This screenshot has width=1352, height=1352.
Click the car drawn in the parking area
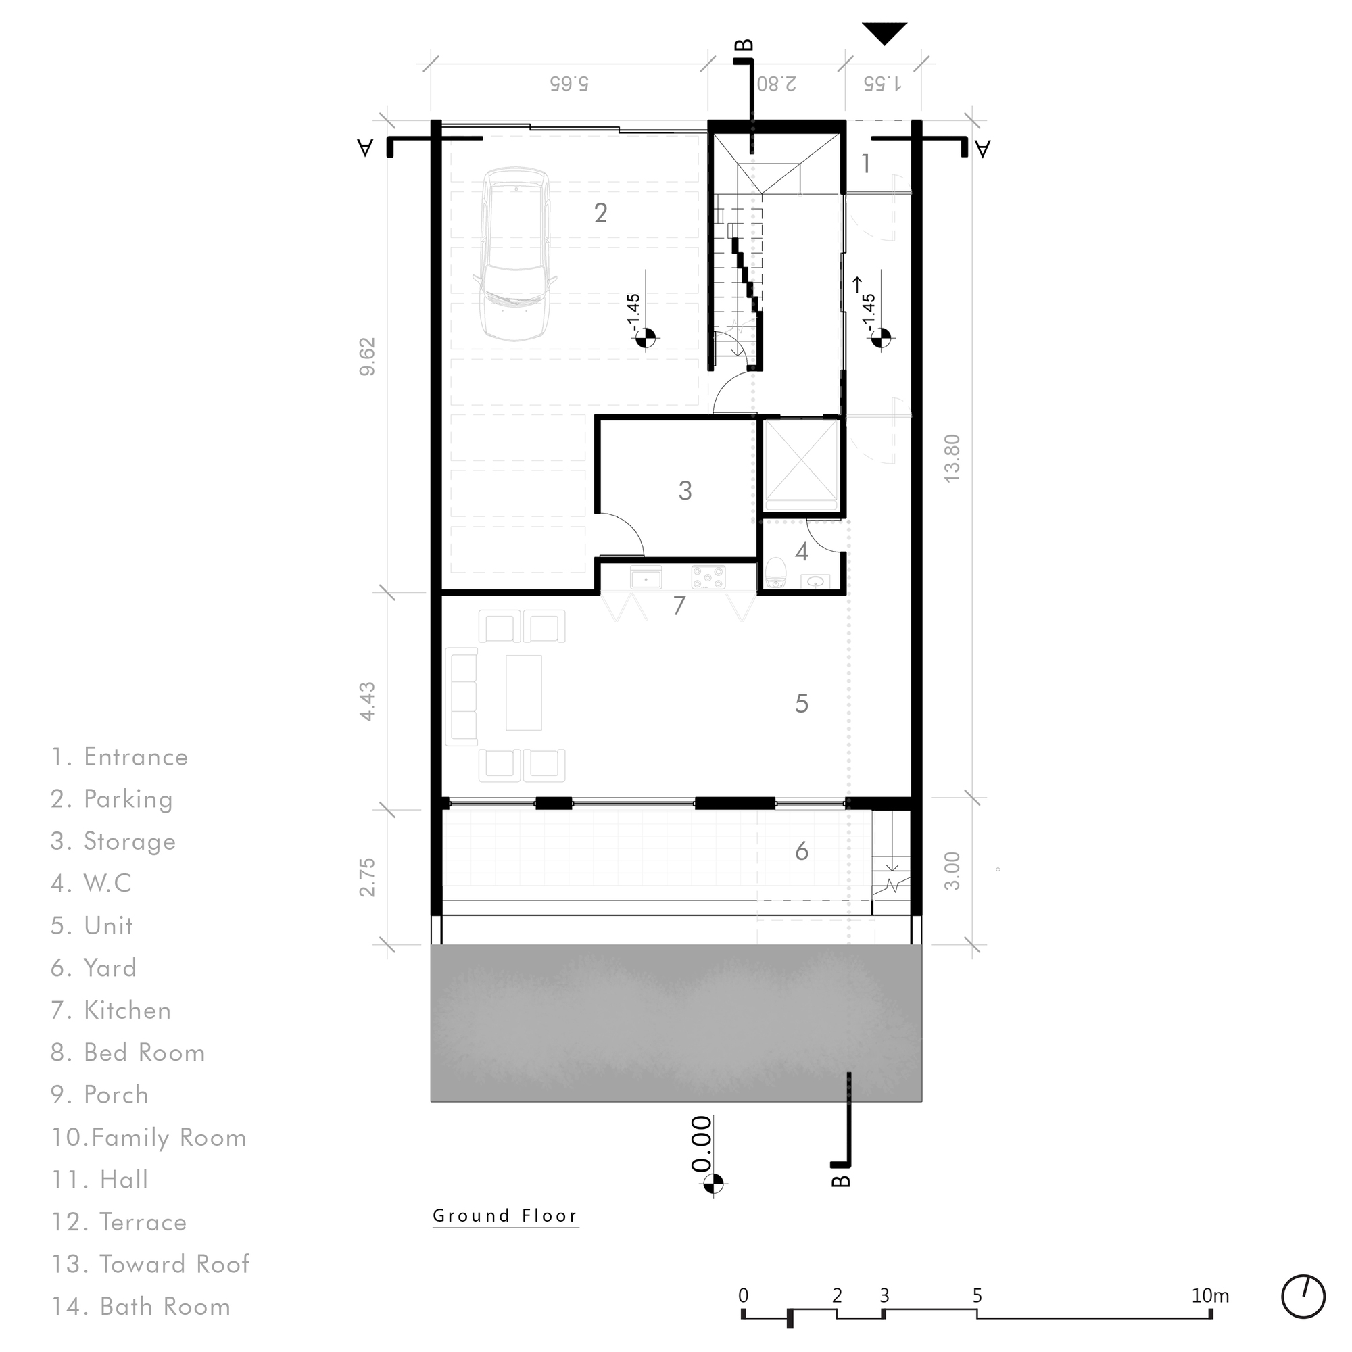click(x=516, y=254)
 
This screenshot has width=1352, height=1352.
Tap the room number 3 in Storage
click(x=685, y=491)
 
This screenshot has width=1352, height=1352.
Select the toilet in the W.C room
click(x=775, y=573)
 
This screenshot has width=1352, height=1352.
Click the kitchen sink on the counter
click(x=645, y=578)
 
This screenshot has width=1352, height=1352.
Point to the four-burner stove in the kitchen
click(x=708, y=578)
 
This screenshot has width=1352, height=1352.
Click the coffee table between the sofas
click(x=523, y=692)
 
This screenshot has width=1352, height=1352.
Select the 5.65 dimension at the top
click(x=569, y=83)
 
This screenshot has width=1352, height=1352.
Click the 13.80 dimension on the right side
click(x=952, y=458)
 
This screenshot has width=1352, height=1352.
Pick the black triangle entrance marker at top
click(x=884, y=32)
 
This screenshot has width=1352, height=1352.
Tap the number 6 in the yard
click(x=802, y=851)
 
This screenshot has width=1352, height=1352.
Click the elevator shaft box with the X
click(x=800, y=464)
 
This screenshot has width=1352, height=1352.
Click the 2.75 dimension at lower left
click(x=367, y=877)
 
